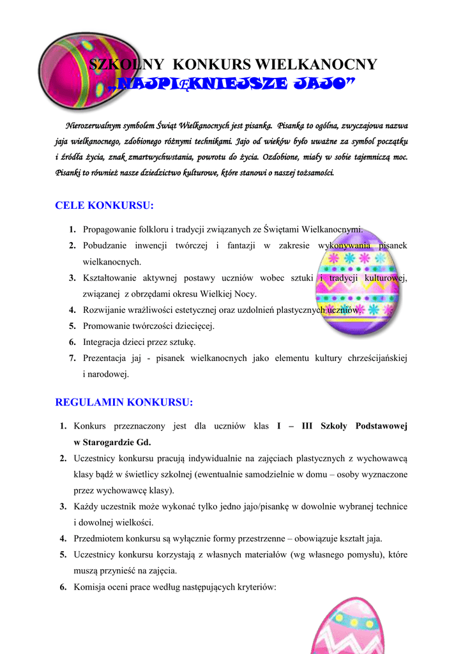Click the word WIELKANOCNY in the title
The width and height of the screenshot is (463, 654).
tap(315, 65)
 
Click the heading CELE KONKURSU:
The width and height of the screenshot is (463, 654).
tap(105, 206)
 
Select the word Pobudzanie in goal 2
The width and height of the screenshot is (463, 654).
tap(105, 246)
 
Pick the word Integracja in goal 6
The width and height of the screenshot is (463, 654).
tap(103, 342)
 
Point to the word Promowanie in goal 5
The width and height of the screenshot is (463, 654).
tap(105, 326)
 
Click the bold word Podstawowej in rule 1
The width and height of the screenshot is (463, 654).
tap(381, 426)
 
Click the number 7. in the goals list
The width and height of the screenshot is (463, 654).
tap(73, 358)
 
